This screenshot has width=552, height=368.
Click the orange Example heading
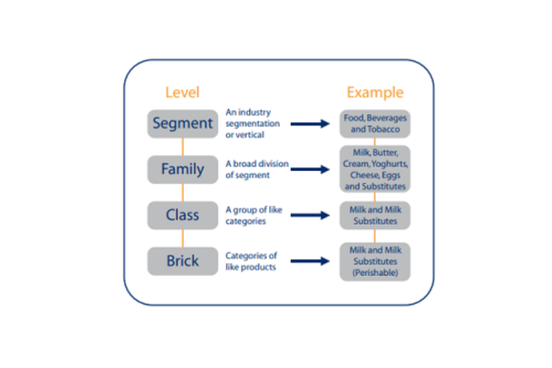pyautogui.click(x=374, y=92)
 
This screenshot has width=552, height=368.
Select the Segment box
pyautogui.click(x=182, y=123)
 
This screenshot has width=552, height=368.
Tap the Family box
pyautogui.click(x=182, y=169)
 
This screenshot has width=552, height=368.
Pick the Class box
pyautogui.click(x=182, y=215)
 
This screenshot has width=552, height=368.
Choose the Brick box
pyautogui.click(x=182, y=261)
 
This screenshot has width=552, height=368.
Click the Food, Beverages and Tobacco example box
pyautogui.click(x=374, y=124)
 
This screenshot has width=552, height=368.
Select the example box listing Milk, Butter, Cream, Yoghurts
pyautogui.click(x=374, y=168)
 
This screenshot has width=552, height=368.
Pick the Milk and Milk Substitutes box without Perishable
pyautogui.click(x=374, y=215)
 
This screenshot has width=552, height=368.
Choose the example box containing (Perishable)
pyautogui.click(x=374, y=261)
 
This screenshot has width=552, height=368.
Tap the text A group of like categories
pyautogui.click(x=250, y=215)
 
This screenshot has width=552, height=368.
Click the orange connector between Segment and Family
pyautogui.click(x=182, y=146)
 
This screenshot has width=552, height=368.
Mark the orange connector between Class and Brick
pyautogui.click(x=182, y=238)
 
